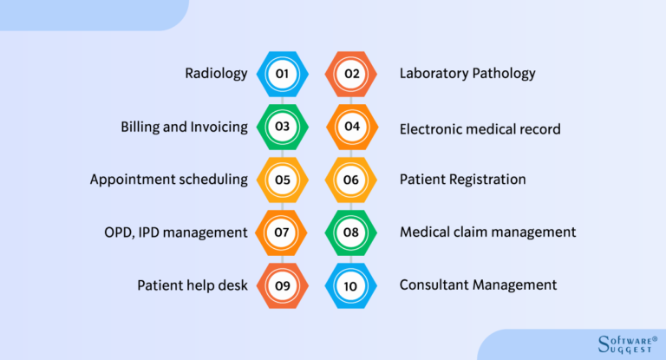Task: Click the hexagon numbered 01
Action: (282, 74)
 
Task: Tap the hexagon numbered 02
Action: (351, 74)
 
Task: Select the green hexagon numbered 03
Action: (282, 127)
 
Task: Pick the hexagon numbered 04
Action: (351, 127)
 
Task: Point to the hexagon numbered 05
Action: (282, 180)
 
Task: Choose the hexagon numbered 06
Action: (351, 180)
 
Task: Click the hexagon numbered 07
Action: (282, 232)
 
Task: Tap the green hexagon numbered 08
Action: (351, 232)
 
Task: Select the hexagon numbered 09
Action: (282, 285)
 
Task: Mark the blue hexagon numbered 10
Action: (351, 285)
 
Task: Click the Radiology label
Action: (216, 74)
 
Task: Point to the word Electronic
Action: (434, 129)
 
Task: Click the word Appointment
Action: (133, 180)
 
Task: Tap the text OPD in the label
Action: (120, 232)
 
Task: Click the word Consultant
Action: (435, 285)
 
